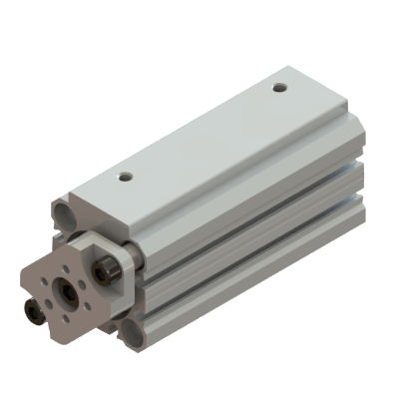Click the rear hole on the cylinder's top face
[280, 89]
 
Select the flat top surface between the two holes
[199, 135]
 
